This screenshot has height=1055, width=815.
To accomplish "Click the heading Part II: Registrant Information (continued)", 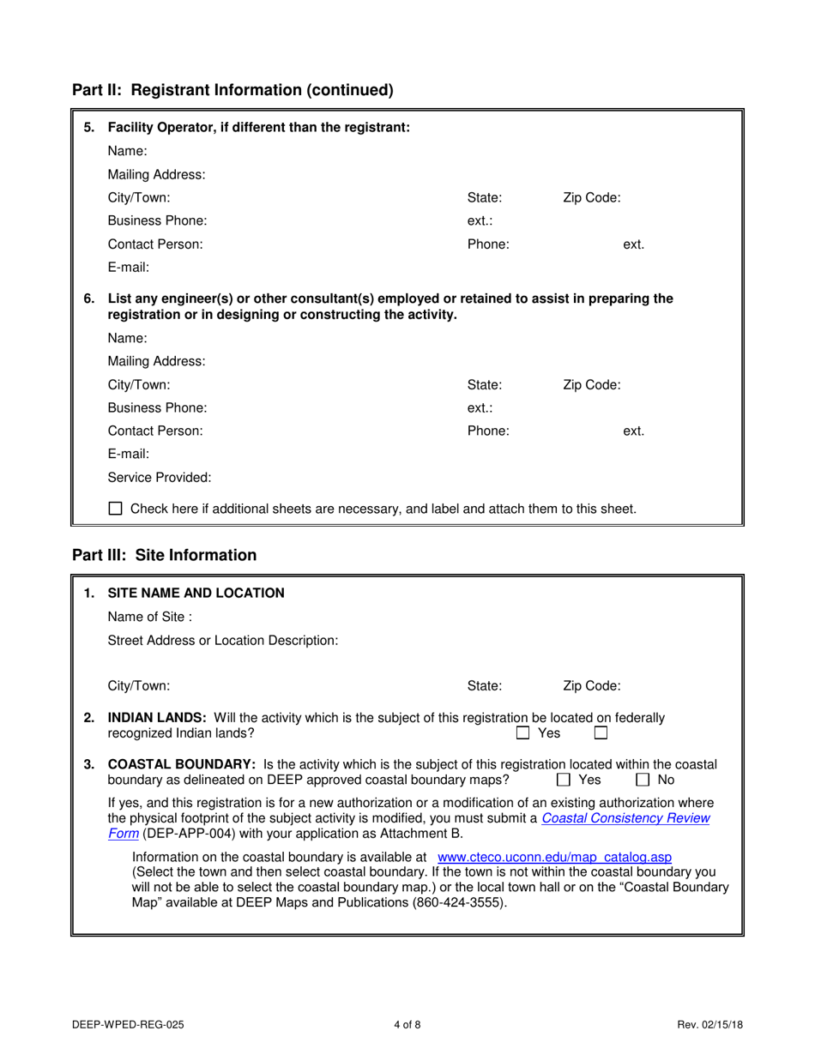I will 232,89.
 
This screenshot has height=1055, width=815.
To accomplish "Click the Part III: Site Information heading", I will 164,555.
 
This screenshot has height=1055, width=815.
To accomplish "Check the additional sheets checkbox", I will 116,509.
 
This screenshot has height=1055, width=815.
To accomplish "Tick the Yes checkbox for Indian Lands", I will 522,733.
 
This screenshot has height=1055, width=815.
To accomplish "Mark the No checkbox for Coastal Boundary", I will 642,780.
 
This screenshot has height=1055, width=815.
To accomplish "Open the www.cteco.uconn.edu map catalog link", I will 554,857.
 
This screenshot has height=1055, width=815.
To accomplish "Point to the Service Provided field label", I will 159,477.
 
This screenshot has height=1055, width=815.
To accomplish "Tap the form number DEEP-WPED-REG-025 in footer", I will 127,1023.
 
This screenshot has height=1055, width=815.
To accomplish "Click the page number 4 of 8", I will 407,1023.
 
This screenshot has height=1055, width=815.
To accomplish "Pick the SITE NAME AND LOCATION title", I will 196,593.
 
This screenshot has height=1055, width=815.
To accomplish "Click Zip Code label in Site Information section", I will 592,685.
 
